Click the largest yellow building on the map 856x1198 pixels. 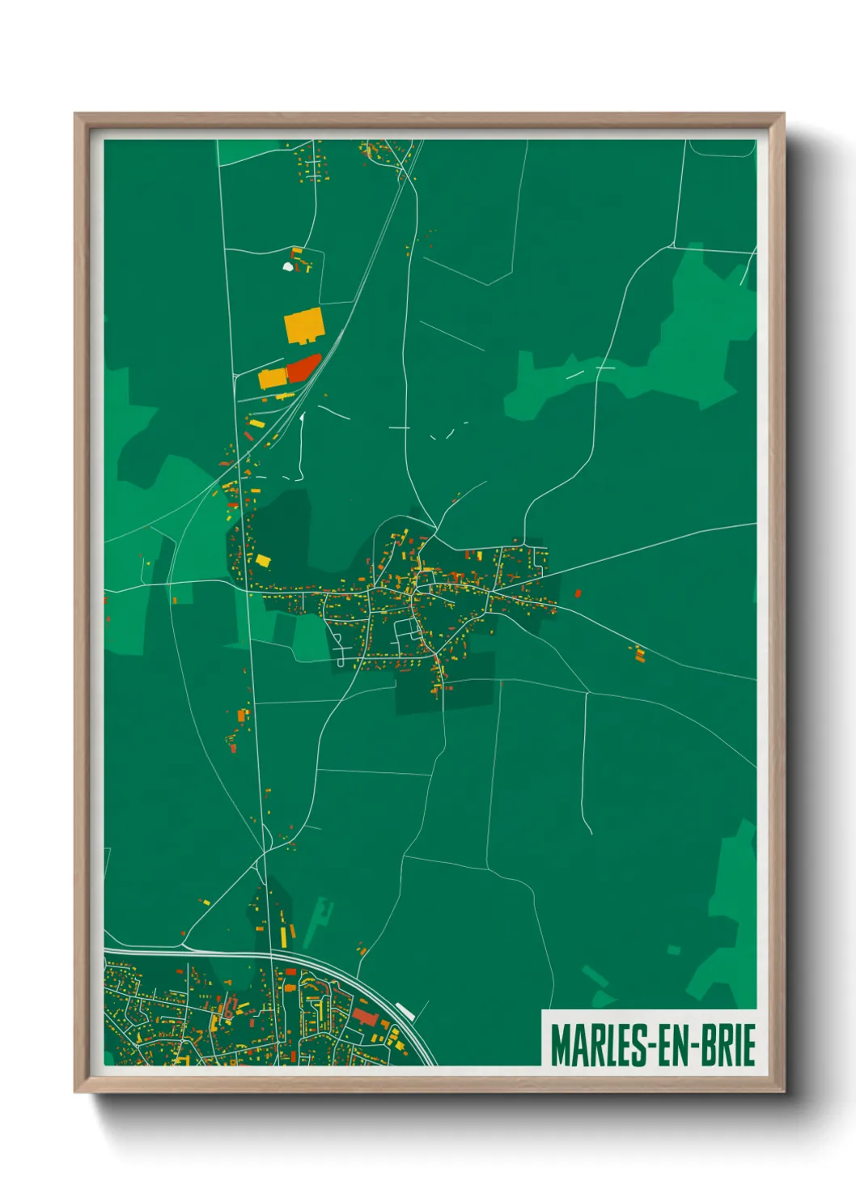(x=304, y=325)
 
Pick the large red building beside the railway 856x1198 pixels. (x=303, y=368)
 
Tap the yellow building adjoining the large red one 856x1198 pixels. (x=273, y=377)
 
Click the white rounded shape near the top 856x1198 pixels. (x=287, y=265)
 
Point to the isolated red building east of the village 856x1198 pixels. (x=578, y=593)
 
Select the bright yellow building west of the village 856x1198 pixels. (x=263, y=559)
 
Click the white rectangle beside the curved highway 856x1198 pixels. (x=405, y=1010)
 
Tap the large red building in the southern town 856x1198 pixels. (x=365, y=1017)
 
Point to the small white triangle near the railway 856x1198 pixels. (x=302, y=418)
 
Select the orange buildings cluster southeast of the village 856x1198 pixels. (x=639, y=653)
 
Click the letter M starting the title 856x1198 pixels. (x=560, y=1045)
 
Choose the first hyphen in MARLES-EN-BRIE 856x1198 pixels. (x=641, y=1047)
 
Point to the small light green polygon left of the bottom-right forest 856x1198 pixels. (x=674, y=949)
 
